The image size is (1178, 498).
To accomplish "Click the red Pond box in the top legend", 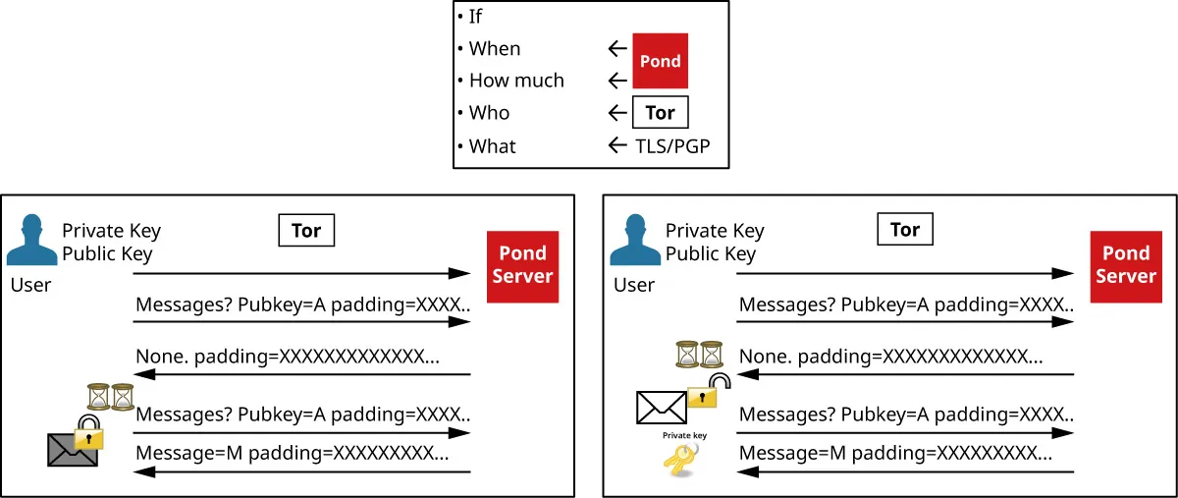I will pos(660,61).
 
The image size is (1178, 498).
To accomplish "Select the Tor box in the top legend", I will pos(660,113).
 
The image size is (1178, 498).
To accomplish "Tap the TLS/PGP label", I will pos(671,146).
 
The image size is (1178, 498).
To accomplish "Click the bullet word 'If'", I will pos(475,17).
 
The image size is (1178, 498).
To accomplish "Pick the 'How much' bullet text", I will pos(516,81).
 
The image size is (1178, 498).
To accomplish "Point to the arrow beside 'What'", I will pos(617,146).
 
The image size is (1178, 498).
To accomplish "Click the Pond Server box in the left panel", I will pos(522,266).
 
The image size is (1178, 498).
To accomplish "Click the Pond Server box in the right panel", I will pos(1125,266).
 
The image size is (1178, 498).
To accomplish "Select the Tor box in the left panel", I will pos(306,231).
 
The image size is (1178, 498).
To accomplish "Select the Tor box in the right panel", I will pos(904,231).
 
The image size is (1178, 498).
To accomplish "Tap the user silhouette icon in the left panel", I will pos(31,242).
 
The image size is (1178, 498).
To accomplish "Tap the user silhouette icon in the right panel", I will pos(634,242).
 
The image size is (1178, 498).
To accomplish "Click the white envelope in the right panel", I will pos(662,407).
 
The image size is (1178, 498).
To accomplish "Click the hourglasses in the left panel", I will pos(110,397).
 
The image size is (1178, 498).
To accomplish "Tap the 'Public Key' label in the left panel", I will pos(107,253).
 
